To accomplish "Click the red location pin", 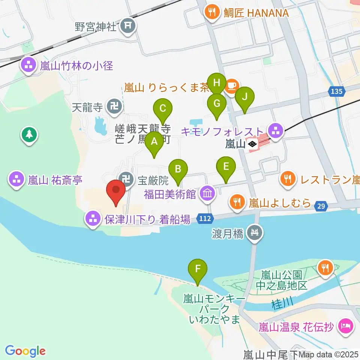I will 116,192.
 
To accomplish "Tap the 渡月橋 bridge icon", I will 255,233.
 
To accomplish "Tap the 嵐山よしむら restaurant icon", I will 237,203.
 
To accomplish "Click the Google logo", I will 25,351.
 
